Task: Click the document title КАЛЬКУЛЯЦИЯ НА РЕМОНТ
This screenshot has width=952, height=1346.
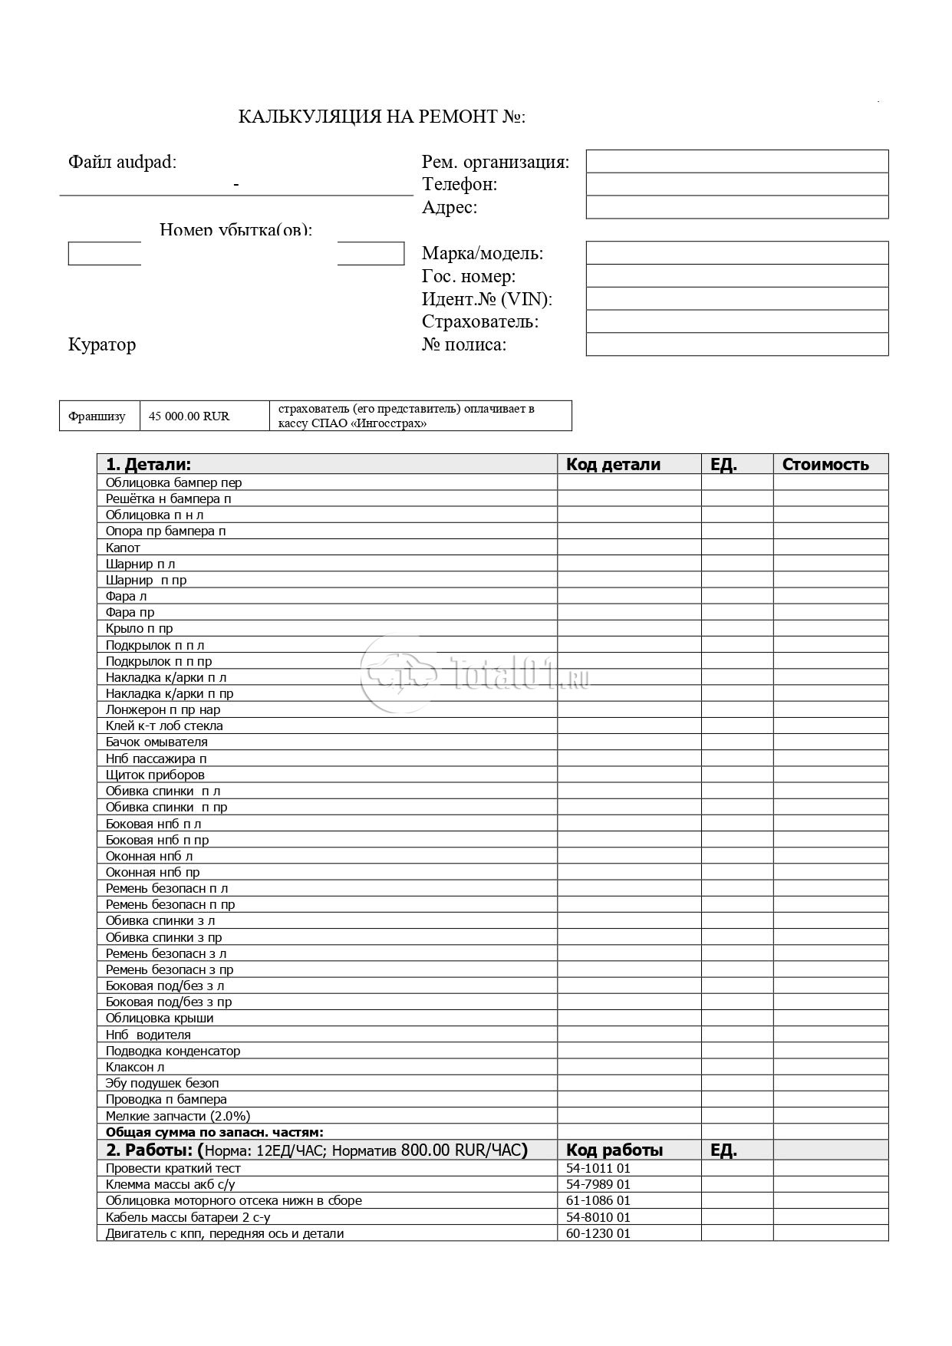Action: (381, 117)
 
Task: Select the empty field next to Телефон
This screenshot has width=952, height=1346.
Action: (736, 185)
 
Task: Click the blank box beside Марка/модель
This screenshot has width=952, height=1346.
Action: (736, 253)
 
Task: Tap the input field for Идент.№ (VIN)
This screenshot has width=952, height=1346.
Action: (736, 298)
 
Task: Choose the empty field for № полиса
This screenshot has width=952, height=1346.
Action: (736, 344)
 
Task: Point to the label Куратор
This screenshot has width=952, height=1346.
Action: (102, 345)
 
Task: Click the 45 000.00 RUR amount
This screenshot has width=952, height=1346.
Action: (189, 416)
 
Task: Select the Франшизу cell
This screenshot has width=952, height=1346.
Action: (97, 416)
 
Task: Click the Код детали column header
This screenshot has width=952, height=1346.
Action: (613, 465)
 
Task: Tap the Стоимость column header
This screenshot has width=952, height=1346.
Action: (825, 465)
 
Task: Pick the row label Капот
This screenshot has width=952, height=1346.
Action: (123, 548)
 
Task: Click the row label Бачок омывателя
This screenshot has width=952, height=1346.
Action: (156, 742)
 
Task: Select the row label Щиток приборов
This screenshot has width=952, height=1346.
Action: (155, 775)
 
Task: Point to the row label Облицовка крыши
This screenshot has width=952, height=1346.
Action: (160, 1019)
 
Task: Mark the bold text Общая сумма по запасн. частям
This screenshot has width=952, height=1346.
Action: (215, 1132)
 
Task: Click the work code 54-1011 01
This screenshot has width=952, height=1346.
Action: (598, 1169)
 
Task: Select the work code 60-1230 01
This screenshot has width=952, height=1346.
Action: (598, 1234)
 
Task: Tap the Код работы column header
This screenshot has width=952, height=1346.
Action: (614, 1150)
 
